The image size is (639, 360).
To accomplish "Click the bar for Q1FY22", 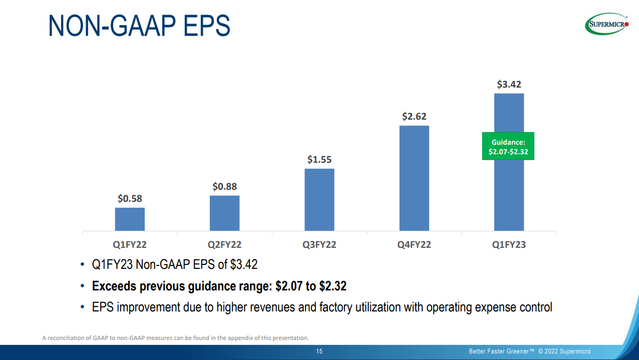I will pyautogui.click(x=130, y=219).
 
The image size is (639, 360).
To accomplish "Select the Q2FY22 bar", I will pyautogui.click(x=224, y=213).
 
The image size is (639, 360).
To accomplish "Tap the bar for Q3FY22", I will pyautogui.click(x=319, y=200).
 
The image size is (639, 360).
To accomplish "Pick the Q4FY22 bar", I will pyautogui.click(x=414, y=178).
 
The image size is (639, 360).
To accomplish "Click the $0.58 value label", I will pyautogui.click(x=130, y=199).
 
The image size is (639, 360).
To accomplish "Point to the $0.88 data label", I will pyautogui.click(x=224, y=187).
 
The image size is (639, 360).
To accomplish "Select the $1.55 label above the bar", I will pyautogui.click(x=319, y=160).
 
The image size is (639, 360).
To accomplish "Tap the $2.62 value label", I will pyautogui.click(x=414, y=117).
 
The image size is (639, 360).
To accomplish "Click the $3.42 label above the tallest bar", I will pyautogui.click(x=509, y=85).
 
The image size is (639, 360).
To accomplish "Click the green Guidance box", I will pyautogui.click(x=508, y=146).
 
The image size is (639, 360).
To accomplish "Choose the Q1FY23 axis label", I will pyautogui.click(x=509, y=245).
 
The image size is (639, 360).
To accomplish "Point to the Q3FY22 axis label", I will pyautogui.click(x=319, y=245).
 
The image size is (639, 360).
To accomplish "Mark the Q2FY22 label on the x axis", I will pyautogui.click(x=224, y=245).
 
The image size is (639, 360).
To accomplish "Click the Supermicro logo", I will pyautogui.click(x=606, y=24).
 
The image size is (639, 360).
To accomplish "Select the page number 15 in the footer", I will pyautogui.click(x=319, y=351).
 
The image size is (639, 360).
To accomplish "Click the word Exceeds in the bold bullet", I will pyautogui.click(x=114, y=286).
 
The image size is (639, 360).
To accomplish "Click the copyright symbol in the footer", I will pyautogui.click(x=541, y=351).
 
